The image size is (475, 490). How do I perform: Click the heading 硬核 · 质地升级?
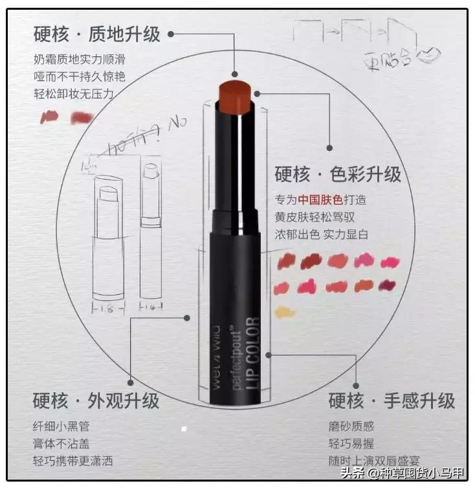coord(97,34)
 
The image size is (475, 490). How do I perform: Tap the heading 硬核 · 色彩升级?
coord(338,174)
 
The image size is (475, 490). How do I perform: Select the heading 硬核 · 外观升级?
coord(96,400)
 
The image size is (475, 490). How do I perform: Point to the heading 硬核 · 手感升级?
coord(392,400)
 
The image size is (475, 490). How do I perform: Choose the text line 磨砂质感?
coord(351,426)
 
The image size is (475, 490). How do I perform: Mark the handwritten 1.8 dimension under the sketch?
coord(107,310)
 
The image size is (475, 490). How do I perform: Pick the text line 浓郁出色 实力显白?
coord(321,234)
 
